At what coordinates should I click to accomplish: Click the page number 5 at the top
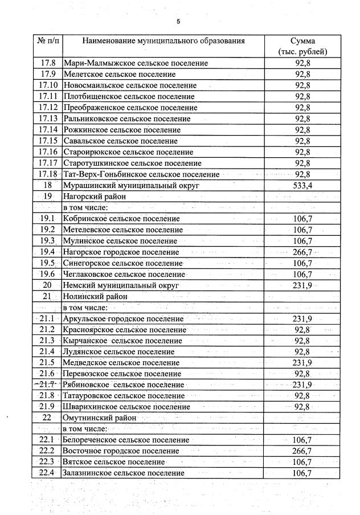pos(178,22)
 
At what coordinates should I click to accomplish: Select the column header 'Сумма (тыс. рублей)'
pos(302,47)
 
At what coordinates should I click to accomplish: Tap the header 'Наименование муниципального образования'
pos(163,41)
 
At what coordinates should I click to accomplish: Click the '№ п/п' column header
pos(48,41)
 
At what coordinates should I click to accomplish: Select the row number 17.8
pos(48,63)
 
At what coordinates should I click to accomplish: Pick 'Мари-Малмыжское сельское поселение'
pos(136,63)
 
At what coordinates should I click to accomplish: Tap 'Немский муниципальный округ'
pos(121,285)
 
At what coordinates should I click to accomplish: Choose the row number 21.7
pos(48,385)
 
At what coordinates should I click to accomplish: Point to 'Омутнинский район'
pos(100,418)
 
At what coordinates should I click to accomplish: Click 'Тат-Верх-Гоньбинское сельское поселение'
pos(141,174)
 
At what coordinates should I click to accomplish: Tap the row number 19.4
pos(48,252)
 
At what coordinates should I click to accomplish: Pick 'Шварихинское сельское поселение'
pos(126,407)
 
